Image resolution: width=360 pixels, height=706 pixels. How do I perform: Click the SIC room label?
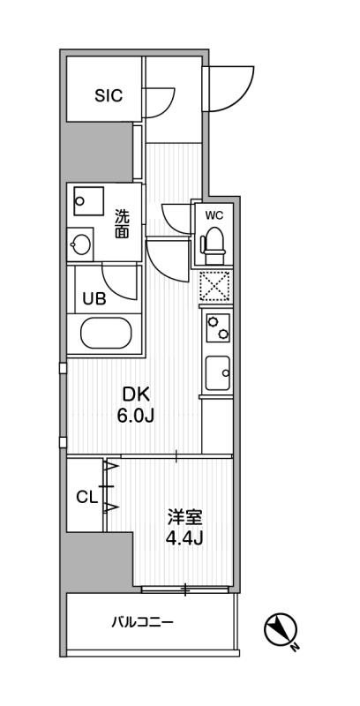tap(109, 96)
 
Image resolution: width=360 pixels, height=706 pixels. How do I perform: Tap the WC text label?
tap(214, 215)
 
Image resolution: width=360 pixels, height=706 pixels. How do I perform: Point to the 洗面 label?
tap(122, 224)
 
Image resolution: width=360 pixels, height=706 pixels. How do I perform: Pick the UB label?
tap(94, 299)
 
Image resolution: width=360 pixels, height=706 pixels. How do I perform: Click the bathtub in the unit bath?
tap(106, 334)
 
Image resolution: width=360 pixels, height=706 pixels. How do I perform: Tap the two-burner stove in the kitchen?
tap(218, 327)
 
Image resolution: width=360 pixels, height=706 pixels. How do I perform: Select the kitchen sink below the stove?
tap(218, 373)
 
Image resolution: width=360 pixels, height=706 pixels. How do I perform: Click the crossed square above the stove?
tap(215, 286)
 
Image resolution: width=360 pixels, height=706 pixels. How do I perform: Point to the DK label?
tap(135, 395)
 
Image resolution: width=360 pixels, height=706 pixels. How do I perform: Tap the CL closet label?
tap(86, 498)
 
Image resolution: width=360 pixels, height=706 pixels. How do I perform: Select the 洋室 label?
tap(185, 518)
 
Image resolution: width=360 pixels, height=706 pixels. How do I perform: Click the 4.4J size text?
tap(185, 538)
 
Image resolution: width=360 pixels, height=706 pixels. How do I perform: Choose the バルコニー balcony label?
tap(142, 623)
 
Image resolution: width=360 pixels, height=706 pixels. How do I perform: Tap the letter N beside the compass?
tap(296, 648)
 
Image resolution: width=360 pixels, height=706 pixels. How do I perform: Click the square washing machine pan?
tap(89, 201)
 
